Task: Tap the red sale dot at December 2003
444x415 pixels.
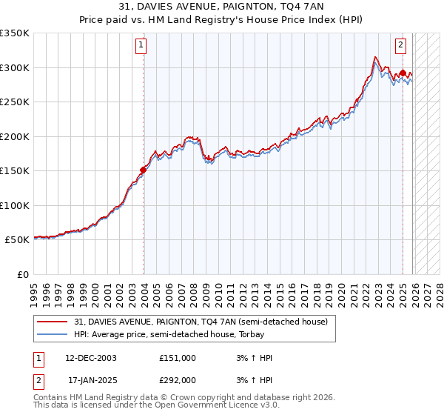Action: click(143, 170)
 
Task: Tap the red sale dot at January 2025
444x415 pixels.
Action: click(403, 73)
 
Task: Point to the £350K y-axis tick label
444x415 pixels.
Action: click(15, 33)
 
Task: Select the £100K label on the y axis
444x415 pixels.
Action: click(15, 205)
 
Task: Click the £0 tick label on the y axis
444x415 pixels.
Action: click(24, 274)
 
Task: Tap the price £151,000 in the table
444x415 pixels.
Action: click(177, 358)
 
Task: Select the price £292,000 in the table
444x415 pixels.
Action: click(177, 379)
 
